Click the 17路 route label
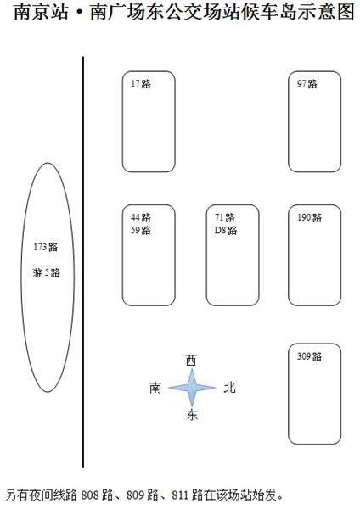click(x=141, y=84)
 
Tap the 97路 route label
click(x=307, y=84)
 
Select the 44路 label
click(x=141, y=217)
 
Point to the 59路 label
click(x=141, y=230)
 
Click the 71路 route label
click(x=224, y=217)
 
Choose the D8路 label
click(x=226, y=230)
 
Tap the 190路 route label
click(x=309, y=217)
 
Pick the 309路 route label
click(x=309, y=356)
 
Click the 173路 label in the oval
click(x=46, y=247)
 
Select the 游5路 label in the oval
click(x=46, y=272)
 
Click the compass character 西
click(x=191, y=361)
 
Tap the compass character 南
click(x=155, y=388)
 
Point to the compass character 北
click(x=229, y=388)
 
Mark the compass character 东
click(x=192, y=415)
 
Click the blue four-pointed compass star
click(x=192, y=388)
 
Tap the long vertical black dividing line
click(x=83, y=262)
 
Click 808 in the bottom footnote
click(x=89, y=495)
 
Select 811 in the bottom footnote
click(x=180, y=495)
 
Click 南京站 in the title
click(x=42, y=12)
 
